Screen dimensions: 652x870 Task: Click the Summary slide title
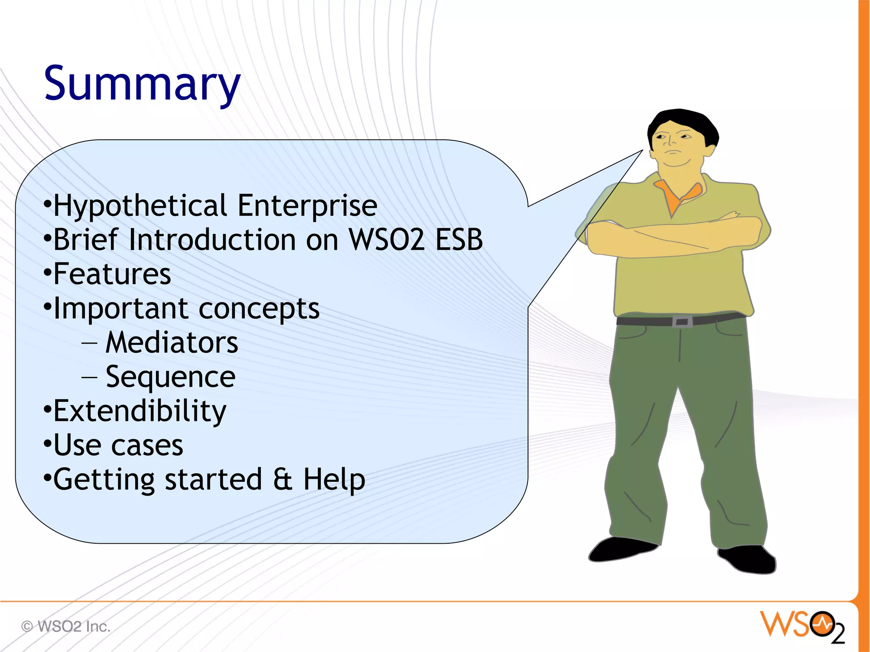pyautogui.click(x=142, y=84)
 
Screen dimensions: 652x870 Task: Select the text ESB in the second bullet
pyautogui.click(x=459, y=240)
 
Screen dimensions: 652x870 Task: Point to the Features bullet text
pyautogui.click(x=112, y=274)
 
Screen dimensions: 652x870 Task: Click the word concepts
pyautogui.click(x=259, y=309)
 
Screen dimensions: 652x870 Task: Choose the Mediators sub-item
pyautogui.click(x=172, y=343)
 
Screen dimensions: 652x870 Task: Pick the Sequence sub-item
pyautogui.click(x=170, y=377)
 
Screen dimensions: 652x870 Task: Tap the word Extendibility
pyautogui.click(x=140, y=411)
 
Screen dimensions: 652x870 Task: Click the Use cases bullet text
pyautogui.click(x=118, y=446)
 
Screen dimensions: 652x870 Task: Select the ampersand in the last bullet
pyautogui.click(x=282, y=480)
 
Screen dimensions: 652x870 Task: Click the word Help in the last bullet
pyautogui.click(x=334, y=480)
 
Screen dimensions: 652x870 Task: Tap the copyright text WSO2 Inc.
pyautogui.click(x=73, y=627)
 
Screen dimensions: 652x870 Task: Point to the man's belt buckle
pyautogui.click(x=682, y=322)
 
